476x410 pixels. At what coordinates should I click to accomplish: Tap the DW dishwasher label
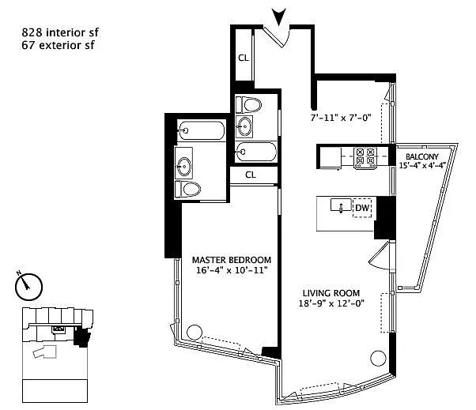coord(362,208)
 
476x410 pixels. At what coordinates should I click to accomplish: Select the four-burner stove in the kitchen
coord(365,158)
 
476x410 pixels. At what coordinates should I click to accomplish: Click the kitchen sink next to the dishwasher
coord(341,205)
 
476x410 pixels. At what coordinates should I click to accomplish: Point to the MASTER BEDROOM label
coord(232,260)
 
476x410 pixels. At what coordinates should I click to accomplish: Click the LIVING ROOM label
coord(331,293)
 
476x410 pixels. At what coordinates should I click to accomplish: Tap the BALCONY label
coord(422,156)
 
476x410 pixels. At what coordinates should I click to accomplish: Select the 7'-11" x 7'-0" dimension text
coord(341,118)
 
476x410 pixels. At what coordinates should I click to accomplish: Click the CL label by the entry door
coord(244,58)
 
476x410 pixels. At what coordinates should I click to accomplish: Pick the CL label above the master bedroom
coord(251,175)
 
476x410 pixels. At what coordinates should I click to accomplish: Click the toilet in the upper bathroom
coord(248,104)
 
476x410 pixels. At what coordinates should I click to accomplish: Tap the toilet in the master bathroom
coord(188,190)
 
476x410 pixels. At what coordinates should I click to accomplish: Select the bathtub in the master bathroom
coord(202,130)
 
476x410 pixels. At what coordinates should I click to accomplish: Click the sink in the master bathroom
coord(184,164)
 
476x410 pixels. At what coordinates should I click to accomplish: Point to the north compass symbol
coord(28,286)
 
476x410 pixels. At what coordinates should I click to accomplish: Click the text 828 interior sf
coord(60,32)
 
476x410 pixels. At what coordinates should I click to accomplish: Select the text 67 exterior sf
coord(58,45)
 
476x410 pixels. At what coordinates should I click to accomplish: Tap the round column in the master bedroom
coord(195,333)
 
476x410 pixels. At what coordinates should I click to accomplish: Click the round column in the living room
coord(378,359)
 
